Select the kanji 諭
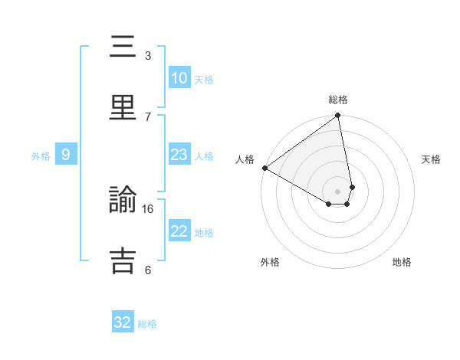coord(123,201)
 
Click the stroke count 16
coord(149,208)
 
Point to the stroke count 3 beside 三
coord(148,55)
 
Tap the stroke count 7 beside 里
coord(148,116)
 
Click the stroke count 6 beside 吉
coord(148,270)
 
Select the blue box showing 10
coord(179,78)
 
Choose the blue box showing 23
coord(179,155)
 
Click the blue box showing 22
coord(179,231)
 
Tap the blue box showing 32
coord(123,322)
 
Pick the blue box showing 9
coord(66,155)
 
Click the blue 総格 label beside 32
coord(147,324)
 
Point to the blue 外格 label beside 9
coord(41,156)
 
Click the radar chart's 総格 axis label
coord(338,100)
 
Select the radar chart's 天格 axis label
coord(431,159)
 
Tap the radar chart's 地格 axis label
coord(402,262)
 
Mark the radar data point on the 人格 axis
coord(264,168)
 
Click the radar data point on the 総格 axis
coord(338,116)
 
